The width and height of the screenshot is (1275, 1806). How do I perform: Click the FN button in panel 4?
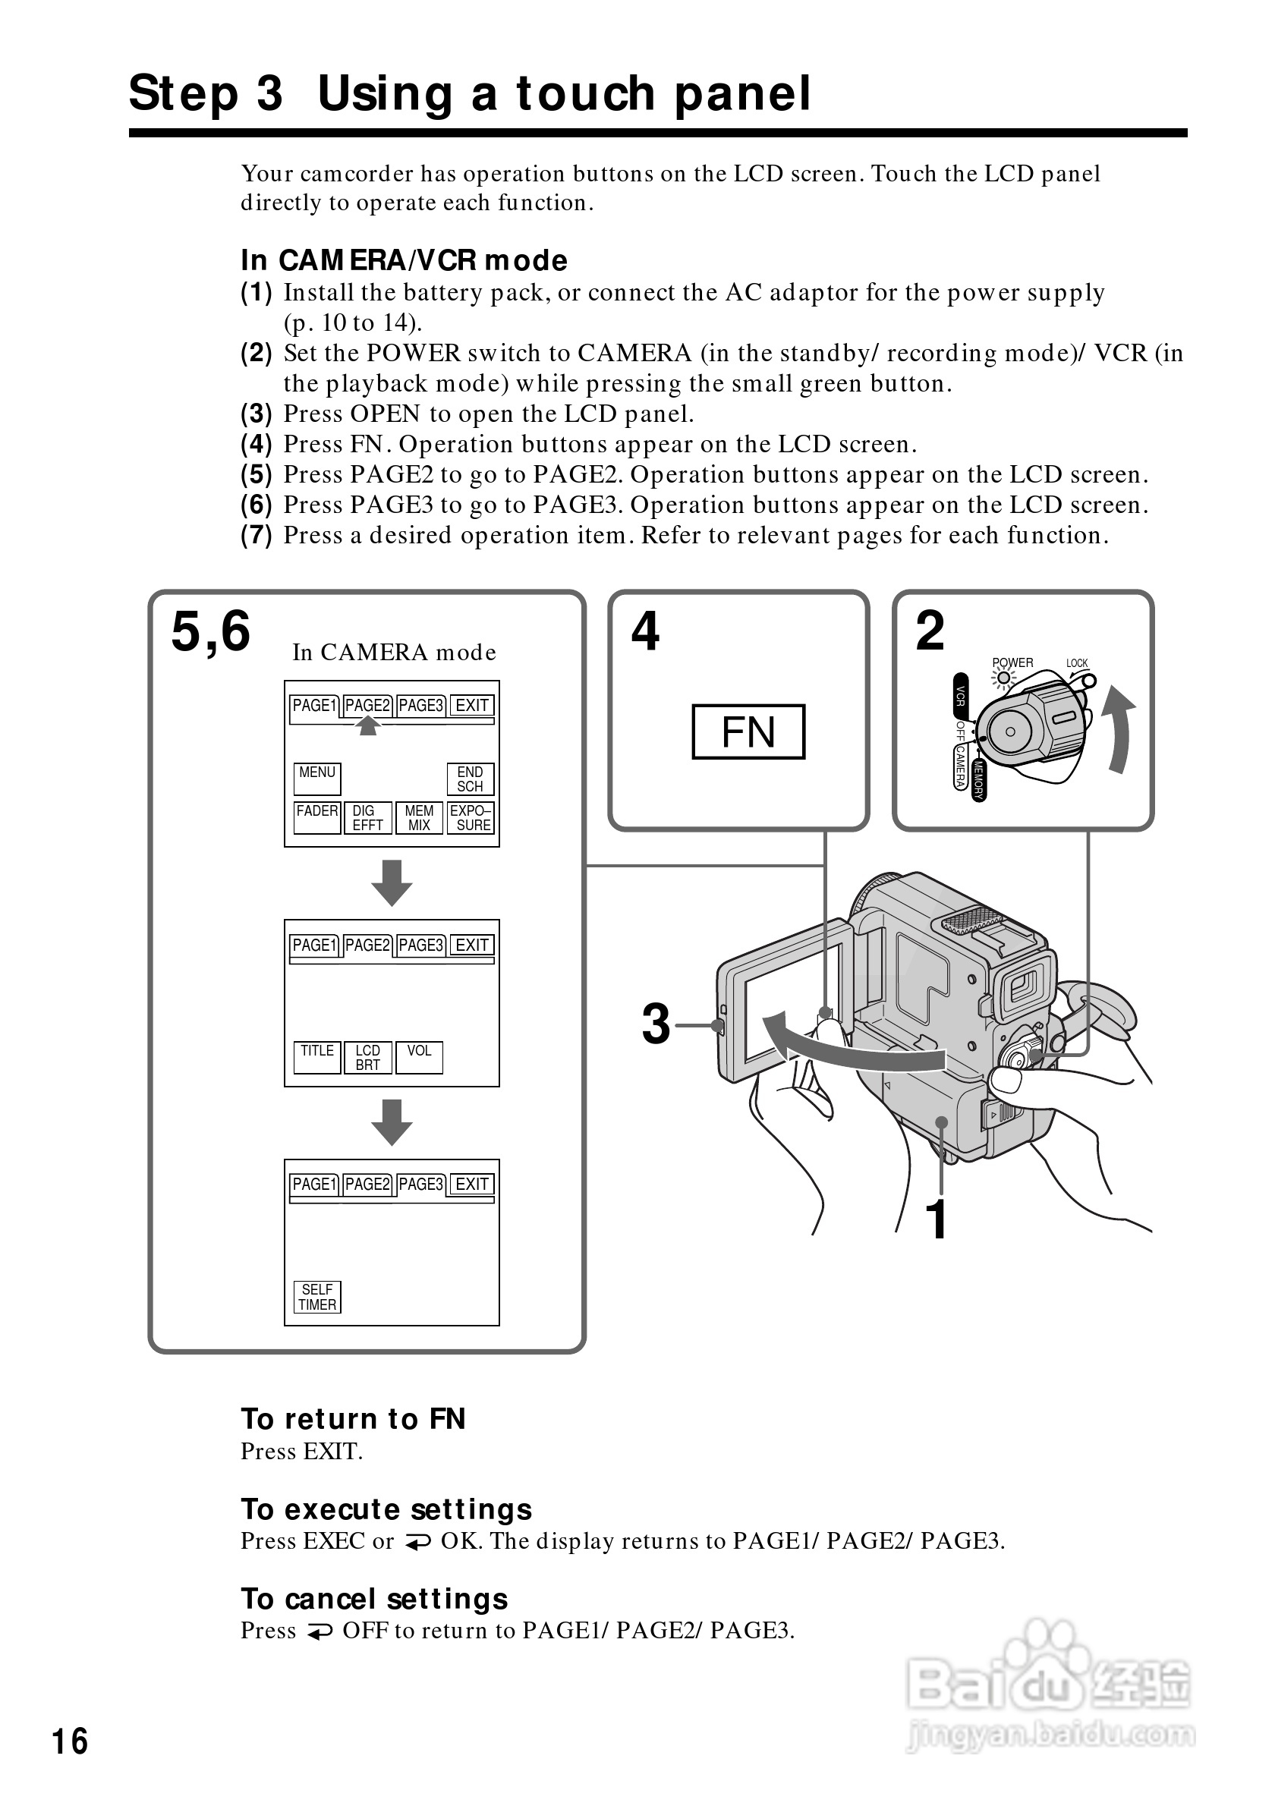(x=748, y=732)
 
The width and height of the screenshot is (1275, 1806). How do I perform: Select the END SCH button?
(x=470, y=779)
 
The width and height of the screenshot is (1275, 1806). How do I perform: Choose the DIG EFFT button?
(x=367, y=817)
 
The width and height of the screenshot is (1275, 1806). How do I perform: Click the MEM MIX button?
(x=418, y=817)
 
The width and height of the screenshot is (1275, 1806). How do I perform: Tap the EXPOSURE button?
(x=471, y=817)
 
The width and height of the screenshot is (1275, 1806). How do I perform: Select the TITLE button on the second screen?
(x=317, y=1057)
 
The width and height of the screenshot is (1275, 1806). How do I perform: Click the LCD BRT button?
(x=367, y=1057)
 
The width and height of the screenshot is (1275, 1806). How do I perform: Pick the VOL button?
(x=418, y=1057)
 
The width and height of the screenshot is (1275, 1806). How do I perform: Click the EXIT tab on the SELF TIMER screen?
(x=472, y=1184)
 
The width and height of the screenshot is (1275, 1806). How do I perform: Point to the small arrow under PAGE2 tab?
(x=367, y=726)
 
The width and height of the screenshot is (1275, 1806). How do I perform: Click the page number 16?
(x=70, y=1741)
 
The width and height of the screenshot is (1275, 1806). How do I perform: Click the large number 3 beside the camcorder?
(x=656, y=1024)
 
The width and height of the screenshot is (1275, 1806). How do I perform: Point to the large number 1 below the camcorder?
(x=936, y=1220)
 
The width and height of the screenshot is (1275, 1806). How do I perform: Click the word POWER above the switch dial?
(x=1012, y=662)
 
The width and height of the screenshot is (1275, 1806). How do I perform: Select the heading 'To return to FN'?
(x=353, y=1419)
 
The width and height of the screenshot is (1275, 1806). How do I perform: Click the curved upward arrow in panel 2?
(x=1119, y=728)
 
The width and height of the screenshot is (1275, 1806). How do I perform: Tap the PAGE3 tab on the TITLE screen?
(x=420, y=945)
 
